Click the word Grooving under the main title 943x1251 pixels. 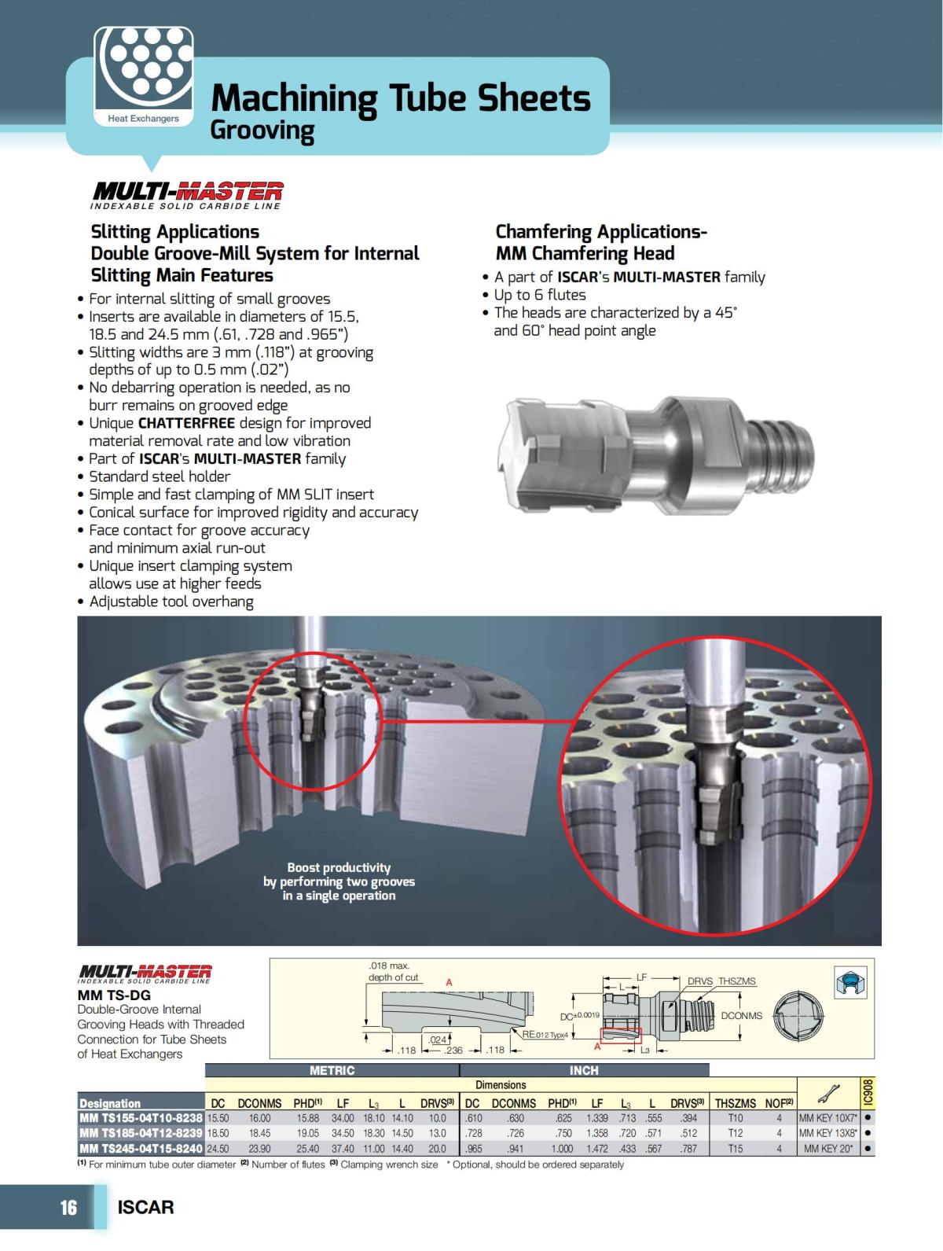click(x=262, y=131)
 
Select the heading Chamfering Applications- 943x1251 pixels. click(x=600, y=232)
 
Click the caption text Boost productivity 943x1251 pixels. click(x=339, y=867)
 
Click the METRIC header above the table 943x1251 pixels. click(x=332, y=1070)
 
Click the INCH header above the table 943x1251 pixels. click(x=583, y=1070)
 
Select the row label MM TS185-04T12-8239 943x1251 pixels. click(x=141, y=1133)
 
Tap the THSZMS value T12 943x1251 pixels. click(x=735, y=1133)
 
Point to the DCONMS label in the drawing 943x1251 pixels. click(x=741, y=1015)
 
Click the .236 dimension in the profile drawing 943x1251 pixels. click(x=453, y=1050)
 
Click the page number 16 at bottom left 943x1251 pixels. click(x=68, y=1207)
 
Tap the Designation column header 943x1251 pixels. click(x=110, y=1103)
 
